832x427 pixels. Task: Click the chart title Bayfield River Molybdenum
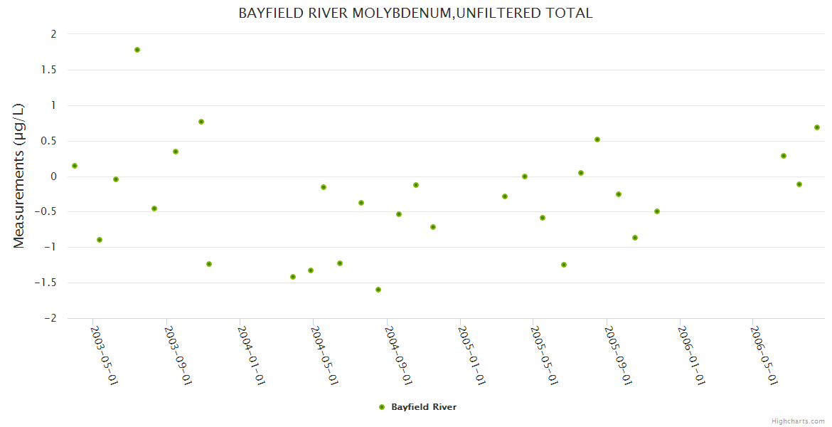coord(415,14)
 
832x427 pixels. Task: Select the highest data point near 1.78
coord(137,50)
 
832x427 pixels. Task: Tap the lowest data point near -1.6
coord(378,290)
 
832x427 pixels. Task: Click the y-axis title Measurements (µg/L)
coord(19,176)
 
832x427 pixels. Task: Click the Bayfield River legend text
coord(424,407)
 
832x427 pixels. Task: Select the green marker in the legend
coord(382,407)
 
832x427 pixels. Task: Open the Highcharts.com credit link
coord(798,421)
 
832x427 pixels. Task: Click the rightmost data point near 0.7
coord(817,127)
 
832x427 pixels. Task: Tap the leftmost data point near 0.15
coord(75,166)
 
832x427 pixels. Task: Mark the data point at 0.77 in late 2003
coord(201,122)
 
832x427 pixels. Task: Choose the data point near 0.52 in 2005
coord(597,139)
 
